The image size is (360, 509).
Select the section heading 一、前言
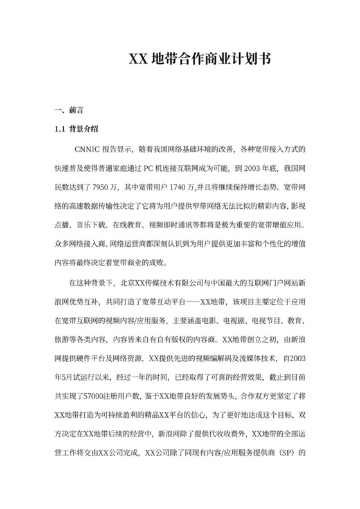pyautogui.click(x=67, y=111)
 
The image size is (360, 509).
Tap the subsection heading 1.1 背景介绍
pyautogui.click(x=76, y=129)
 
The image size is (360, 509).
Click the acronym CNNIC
pyautogui.click(x=88, y=149)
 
